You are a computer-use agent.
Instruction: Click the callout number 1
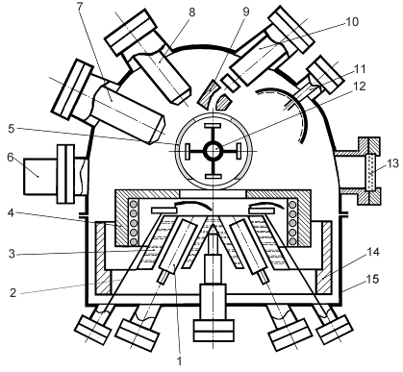180,360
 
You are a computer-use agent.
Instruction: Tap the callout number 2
13,292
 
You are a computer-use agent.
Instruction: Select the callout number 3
12,254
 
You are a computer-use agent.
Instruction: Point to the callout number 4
12,212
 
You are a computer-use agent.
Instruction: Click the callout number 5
12,129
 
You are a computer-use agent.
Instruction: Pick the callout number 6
11,158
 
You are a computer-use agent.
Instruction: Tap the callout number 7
80,6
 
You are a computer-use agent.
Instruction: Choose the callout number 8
191,12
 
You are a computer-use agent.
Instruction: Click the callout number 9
246,12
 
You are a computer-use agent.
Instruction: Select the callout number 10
352,22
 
